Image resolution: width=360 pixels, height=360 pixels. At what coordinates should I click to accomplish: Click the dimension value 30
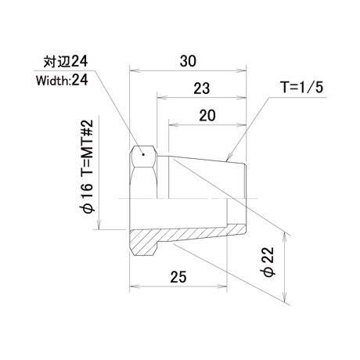click(188, 61)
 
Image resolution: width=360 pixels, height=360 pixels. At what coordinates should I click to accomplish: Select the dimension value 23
click(201, 88)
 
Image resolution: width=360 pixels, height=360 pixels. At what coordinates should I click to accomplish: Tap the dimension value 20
click(207, 116)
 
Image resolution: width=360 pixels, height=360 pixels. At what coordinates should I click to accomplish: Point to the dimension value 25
click(178, 277)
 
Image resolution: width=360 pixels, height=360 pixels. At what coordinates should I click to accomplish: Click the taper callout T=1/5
click(301, 87)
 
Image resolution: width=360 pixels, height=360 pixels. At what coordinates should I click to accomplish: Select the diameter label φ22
click(268, 262)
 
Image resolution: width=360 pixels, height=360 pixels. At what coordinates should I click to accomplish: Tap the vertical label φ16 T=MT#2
click(86, 167)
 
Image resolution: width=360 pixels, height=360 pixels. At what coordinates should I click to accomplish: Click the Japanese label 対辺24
click(66, 62)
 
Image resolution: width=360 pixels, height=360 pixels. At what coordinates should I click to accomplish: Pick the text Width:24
click(62, 80)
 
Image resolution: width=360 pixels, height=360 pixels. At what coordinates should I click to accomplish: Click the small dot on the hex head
click(143, 155)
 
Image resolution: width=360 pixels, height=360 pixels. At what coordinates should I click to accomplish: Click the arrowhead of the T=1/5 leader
click(227, 159)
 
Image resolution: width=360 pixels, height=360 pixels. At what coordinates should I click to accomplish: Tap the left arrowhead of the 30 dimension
click(135, 70)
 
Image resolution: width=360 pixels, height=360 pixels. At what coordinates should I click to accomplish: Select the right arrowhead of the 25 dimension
click(222, 286)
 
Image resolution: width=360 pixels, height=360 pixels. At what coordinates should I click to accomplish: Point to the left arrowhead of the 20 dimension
click(174, 125)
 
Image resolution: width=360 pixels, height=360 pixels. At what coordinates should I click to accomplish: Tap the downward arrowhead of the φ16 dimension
click(99, 225)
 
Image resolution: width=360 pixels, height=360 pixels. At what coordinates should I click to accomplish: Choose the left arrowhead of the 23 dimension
click(162, 98)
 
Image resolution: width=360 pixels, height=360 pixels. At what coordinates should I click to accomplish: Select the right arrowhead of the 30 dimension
click(241, 70)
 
